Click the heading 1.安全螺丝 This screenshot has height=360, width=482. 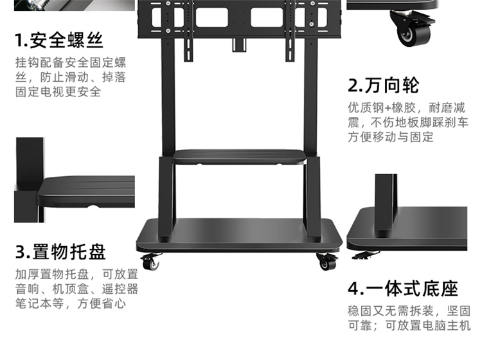click(x=58, y=40)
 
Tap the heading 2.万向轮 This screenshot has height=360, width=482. click(x=383, y=85)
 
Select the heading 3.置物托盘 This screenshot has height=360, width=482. click(x=60, y=252)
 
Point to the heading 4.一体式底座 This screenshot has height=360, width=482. click(x=403, y=289)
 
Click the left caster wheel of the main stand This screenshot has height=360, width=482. click(x=151, y=262)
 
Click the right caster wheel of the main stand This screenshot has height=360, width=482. click(x=327, y=262)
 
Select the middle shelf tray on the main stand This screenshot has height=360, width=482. click(x=240, y=157)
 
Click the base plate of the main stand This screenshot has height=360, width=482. click(x=240, y=235)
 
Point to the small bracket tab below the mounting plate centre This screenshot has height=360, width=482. click(x=239, y=45)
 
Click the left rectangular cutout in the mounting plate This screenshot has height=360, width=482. click(x=212, y=17)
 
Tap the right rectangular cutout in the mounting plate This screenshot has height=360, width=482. click(x=267, y=17)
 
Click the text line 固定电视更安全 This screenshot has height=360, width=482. click(x=58, y=92)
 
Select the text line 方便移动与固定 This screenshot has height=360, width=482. click(x=391, y=137)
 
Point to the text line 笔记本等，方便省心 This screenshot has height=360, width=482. click(x=71, y=303)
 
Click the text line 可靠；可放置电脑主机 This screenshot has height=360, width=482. click(x=409, y=325)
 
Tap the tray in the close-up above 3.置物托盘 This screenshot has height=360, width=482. click(x=86, y=191)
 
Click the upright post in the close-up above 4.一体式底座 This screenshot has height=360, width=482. click(x=386, y=203)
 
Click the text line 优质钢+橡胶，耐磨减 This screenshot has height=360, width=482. click(x=406, y=108)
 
